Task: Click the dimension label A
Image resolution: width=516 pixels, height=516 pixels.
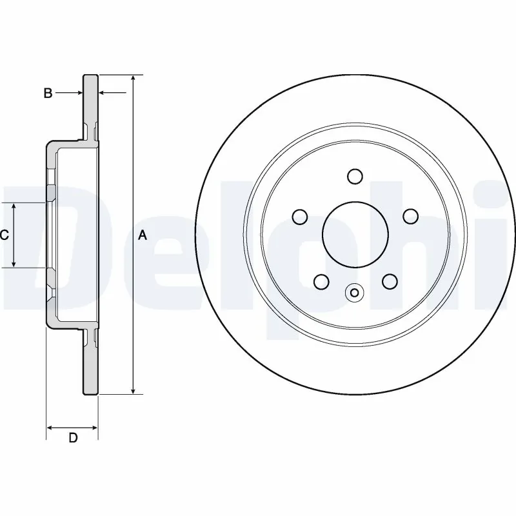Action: tap(143, 235)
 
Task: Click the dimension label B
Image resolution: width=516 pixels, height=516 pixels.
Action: tap(48, 94)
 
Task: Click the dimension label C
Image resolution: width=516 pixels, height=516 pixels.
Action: tap(4, 235)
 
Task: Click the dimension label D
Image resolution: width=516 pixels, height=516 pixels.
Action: tap(73, 438)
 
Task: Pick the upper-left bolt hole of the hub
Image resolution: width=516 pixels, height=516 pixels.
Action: tap(300, 216)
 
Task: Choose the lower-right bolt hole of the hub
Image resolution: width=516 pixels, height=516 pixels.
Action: tap(389, 281)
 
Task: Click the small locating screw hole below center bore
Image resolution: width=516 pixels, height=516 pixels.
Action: tap(354, 293)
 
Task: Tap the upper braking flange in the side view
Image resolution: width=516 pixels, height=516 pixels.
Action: tap(90, 106)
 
